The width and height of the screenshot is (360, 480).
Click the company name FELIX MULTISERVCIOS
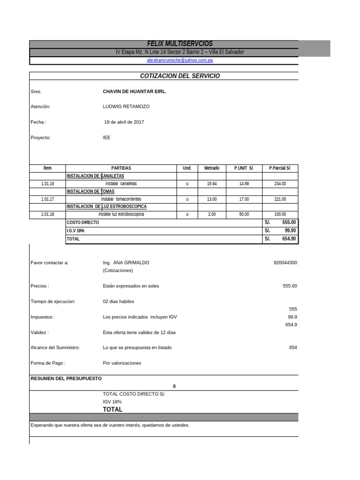(x=180, y=44)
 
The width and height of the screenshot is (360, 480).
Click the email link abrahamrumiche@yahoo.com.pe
(x=180, y=60)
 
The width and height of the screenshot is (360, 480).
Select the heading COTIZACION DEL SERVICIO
(x=180, y=76)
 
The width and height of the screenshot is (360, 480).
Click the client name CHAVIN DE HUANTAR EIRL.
(x=135, y=91)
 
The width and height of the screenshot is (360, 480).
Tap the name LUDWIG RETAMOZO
(x=126, y=106)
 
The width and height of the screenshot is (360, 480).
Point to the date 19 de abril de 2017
(x=124, y=122)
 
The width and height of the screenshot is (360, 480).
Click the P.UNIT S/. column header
(x=244, y=168)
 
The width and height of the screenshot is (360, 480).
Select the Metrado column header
(x=211, y=168)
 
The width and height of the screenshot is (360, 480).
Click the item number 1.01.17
(x=47, y=199)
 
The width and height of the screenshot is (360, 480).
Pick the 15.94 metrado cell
(x=211, y=184)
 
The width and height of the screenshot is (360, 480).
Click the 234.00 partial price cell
(x=280, y=184)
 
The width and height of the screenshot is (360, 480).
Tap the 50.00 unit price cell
(x=244, y=214)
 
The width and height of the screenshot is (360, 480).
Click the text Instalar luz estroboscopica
(x=121, y=214)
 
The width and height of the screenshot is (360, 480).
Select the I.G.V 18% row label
(x=76, y=231)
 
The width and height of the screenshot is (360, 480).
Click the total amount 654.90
(x=289, y=239)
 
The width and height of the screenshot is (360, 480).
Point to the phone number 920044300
(x=285, y=262)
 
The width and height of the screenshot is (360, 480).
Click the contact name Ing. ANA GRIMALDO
(x=126, y=262)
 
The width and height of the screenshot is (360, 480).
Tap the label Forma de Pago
(x=48, y=363)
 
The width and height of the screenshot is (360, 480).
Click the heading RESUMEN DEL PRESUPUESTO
(x=66, y=378)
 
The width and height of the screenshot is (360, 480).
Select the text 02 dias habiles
(x=118, y=301)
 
